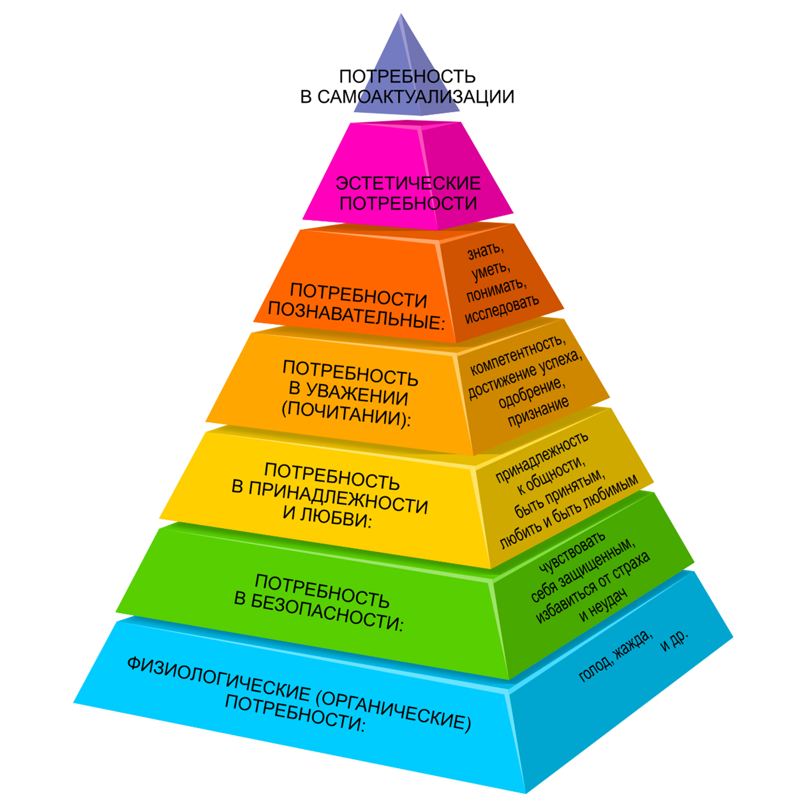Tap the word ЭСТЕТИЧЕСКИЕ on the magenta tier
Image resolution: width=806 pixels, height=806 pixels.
point(408,183)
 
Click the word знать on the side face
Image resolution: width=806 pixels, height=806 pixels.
point(485,251)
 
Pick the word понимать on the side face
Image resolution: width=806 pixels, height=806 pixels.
point(495,290)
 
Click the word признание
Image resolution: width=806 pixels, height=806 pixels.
point(538,412)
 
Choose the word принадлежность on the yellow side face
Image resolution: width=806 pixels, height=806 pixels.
point(541,457)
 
